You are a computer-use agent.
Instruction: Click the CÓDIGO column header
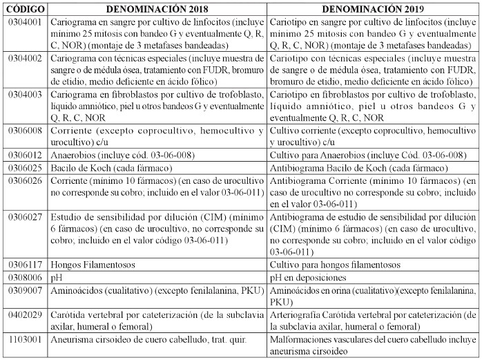[26, 9]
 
